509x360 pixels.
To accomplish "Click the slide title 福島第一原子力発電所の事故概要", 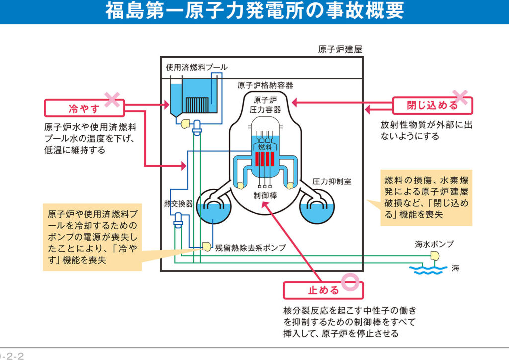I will (254, 11).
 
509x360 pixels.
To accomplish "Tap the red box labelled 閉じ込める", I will (432, 106).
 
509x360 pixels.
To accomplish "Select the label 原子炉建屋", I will (340, 50).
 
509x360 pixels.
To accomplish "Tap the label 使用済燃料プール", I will (196, 67).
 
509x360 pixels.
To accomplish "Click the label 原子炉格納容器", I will (265, 85).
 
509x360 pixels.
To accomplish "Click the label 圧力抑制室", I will (332, 181).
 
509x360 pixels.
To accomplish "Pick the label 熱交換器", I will (178, 203).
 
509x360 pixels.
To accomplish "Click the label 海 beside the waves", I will (455, 269).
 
